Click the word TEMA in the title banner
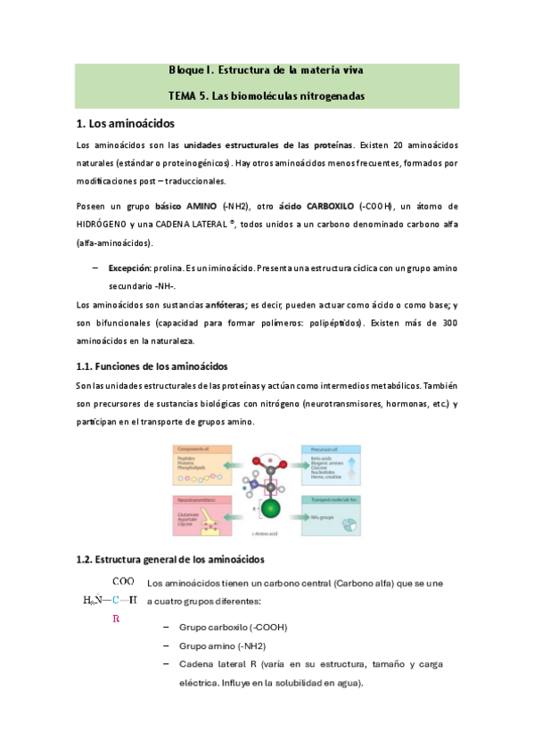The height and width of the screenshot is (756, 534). click(184, 94)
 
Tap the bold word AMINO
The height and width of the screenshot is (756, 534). click(202, 206)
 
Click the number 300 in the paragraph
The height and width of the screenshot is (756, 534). click(448, 324)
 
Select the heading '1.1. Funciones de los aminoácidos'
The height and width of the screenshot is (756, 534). click(152, 366)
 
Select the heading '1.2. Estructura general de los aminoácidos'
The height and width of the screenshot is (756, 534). click(170, 559)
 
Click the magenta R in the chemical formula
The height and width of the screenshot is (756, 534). click(115, 617)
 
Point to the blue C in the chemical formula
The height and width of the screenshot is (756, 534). click(116, 599)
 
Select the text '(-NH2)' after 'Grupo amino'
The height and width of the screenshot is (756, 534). click(251, 646)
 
